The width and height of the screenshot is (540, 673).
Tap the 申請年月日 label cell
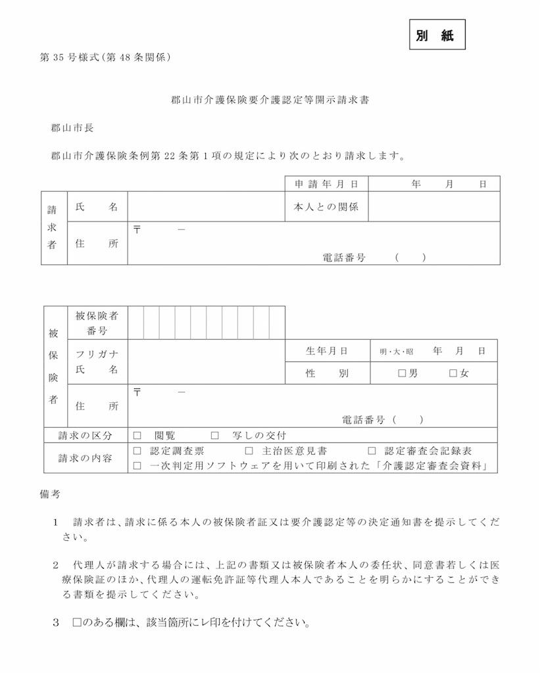pos(326,184)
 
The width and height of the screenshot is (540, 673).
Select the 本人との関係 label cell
pos(326,207)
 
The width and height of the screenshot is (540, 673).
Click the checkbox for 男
pos(402,373)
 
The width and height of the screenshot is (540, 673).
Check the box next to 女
pos(453,373)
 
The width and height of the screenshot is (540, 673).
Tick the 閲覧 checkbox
pos(137,435)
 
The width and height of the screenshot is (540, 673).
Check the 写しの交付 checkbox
pos(214,435)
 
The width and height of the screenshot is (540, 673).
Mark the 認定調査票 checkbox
pos(137,452)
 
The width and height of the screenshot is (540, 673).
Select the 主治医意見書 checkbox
pos(249,452)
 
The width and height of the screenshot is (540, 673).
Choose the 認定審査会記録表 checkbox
pos(372,452)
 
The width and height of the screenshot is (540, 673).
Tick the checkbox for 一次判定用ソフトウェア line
pos(137,466)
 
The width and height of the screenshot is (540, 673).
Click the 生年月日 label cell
pos(326,351)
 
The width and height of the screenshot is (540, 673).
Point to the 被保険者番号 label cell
pos(97,323)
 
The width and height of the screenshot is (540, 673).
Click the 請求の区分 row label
pos(85,435)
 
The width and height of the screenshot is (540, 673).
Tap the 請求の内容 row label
pos(85,458)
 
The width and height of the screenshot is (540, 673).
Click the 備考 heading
pos(51,492)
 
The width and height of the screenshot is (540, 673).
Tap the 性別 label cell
pos(326,373)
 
